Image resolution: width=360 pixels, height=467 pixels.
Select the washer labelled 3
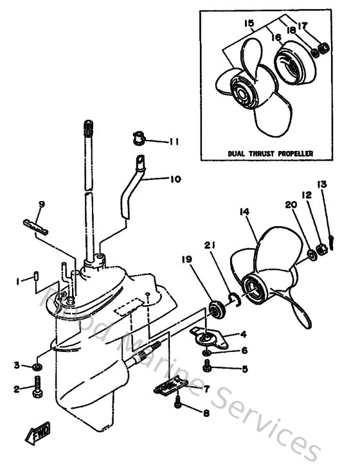(37, 367)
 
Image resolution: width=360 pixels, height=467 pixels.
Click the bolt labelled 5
(207, 366)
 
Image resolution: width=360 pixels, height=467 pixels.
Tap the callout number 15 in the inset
(249, 24)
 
